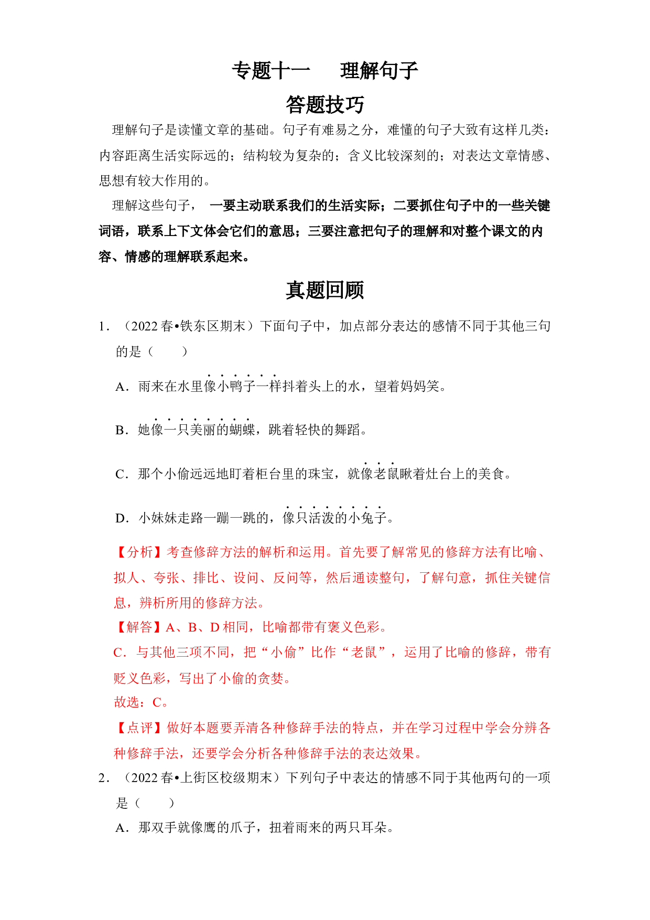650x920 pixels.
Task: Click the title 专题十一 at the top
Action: tap(271, 71)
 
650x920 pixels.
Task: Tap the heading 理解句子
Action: tap(379, 71)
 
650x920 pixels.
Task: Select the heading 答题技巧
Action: tap(325, 104)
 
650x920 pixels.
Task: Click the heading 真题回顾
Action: tap(325, 290)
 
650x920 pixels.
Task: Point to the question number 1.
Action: tap(103, 326)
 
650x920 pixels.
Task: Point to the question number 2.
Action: tap(103, 777)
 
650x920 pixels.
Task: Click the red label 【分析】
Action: tap(140, 552)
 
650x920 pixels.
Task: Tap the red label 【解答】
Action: tap(140, 627)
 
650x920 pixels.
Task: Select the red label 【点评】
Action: tap(140, 728)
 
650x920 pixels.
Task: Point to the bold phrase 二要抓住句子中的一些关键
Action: tap(472, 206)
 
